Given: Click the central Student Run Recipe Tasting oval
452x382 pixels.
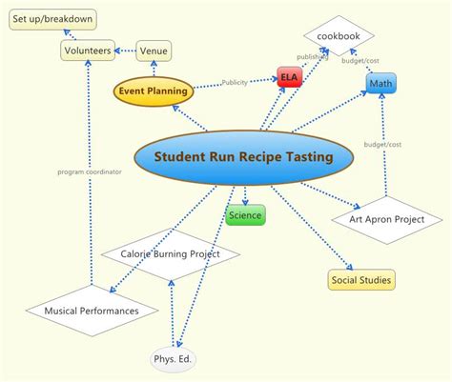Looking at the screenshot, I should (243, 156).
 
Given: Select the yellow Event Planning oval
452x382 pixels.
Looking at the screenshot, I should (153, 91).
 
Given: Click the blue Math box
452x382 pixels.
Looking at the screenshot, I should (380, 85).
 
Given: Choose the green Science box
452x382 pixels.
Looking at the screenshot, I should (245, 215).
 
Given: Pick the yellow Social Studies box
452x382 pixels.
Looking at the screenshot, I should (361, 279).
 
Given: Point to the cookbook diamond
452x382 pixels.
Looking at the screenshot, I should (339, 36).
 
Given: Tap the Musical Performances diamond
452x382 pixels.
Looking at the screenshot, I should (92, 311).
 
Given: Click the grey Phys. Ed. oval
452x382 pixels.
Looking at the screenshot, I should (174, 360).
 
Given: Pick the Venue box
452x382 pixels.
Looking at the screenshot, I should (154, 50).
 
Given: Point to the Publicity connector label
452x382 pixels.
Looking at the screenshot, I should (235, 82).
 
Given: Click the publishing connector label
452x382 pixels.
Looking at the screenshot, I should (311, 56).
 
